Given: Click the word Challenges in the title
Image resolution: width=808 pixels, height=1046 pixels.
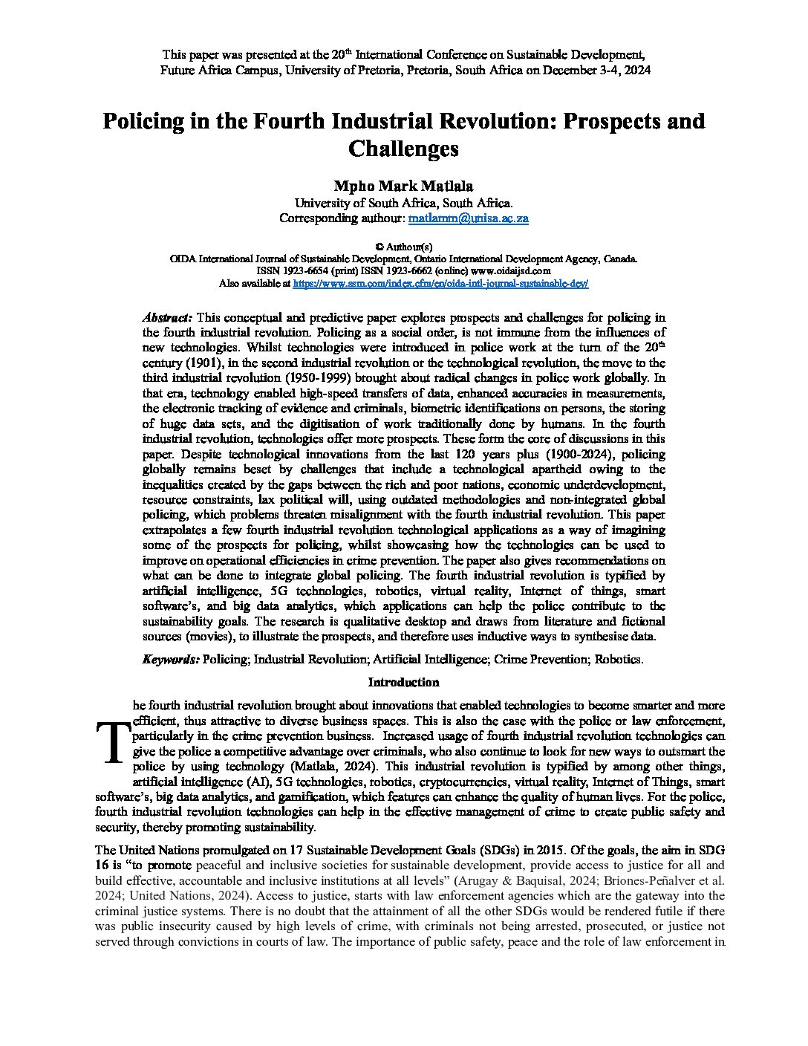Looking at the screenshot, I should pos(403,148).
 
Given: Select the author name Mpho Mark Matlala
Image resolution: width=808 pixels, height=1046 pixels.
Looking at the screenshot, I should pos(403,186).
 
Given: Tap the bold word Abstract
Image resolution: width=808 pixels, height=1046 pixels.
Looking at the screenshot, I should pos(167,317).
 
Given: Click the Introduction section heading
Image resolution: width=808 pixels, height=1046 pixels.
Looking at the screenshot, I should pos(403,682).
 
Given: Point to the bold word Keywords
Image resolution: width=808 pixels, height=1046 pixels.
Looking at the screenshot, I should pos(170,659).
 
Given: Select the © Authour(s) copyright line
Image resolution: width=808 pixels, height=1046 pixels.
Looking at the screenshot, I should pos(403,247).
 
